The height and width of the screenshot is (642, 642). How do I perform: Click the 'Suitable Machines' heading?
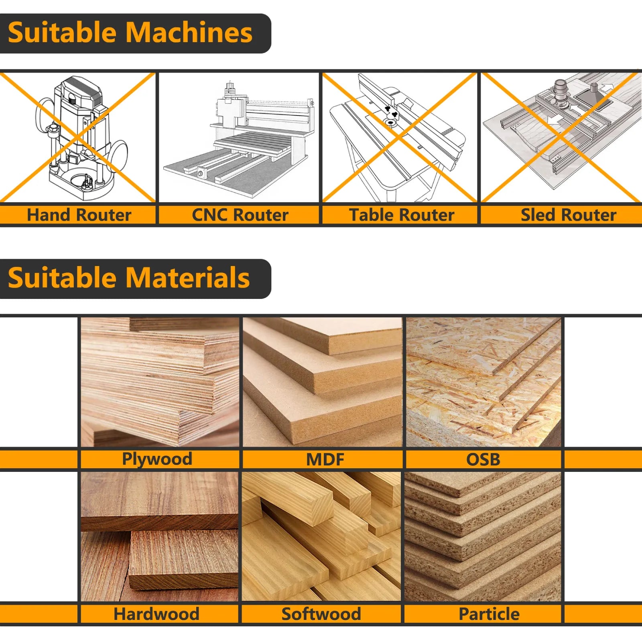[130, 33]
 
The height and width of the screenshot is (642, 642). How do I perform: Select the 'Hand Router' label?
[79, 215]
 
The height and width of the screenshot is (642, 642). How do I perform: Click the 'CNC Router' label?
[240, 215]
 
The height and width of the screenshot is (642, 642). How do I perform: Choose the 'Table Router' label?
[401, 215]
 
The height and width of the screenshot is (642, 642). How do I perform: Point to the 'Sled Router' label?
[568, 215]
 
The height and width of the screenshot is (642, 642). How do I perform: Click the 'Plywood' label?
[157, 459]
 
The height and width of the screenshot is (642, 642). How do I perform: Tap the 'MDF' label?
[325, 459]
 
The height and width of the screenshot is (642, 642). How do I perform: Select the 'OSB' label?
[483, 459]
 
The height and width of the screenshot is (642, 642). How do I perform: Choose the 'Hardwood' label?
[156, 614]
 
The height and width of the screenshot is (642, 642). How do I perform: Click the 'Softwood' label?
[321, 614]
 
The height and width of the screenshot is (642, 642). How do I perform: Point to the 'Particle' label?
[489, 614]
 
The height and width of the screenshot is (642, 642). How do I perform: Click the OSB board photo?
[483, 382]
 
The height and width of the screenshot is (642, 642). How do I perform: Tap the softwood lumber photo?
[321, 536]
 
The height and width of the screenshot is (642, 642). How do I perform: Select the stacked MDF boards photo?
[322, 382]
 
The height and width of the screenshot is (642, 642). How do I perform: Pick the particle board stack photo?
[483, 536]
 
